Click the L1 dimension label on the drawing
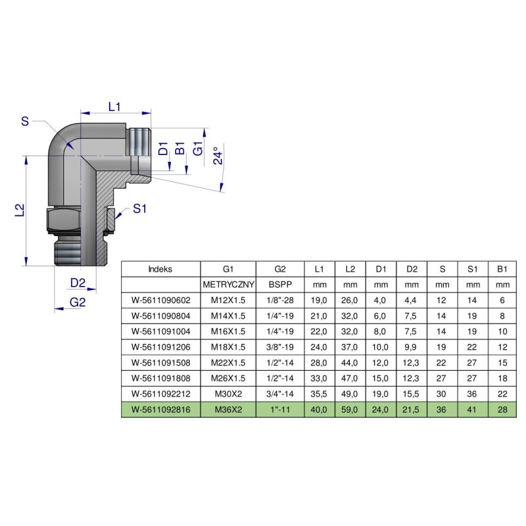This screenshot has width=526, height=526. click(114, 105)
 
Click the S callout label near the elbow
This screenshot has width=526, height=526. click(25, 121)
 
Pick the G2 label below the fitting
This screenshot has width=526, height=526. click(78, 302)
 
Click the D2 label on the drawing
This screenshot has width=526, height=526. click(78, 283)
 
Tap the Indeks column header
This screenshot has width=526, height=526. click(160, 269)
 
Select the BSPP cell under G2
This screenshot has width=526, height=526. click(279, 285)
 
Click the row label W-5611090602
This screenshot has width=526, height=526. click(160, 300)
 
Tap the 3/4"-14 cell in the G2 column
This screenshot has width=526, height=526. click(279, 394)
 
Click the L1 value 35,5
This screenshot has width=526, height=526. click(319, 394)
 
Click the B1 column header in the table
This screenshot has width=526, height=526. click(502, 269)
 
